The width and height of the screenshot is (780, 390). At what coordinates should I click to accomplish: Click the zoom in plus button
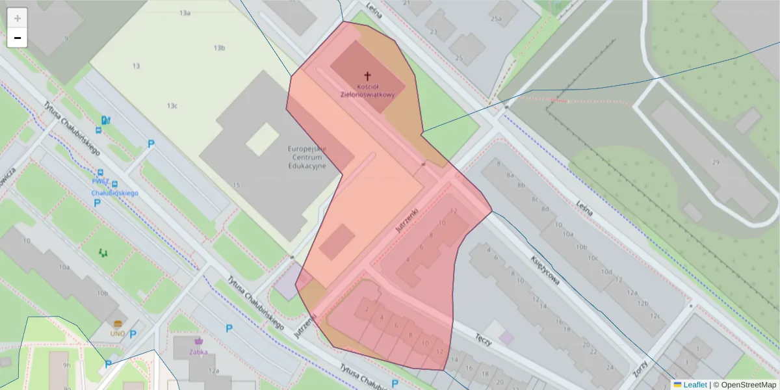click(18, 18)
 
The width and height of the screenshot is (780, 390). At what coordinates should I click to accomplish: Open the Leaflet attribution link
click(694, 384)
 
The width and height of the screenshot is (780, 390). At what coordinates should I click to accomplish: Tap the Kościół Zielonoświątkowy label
click(367, 90)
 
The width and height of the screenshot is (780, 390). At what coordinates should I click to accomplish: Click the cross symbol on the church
click(367, 75)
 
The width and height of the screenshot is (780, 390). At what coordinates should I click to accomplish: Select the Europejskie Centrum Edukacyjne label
click(307, 157)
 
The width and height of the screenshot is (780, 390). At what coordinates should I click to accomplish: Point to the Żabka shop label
click(198, 352)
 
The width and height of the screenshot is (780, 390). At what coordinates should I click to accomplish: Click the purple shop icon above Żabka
click(198, 341)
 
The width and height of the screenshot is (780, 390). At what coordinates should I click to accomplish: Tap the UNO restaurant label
click(118, 333)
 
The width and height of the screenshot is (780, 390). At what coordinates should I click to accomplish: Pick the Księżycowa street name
click(545, 268)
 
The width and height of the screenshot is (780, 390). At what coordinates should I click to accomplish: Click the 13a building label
click(185, 13)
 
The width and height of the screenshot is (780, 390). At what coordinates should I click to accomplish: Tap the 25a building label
click(497, 19)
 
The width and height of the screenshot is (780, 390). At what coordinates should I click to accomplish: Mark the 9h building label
click(67, 365)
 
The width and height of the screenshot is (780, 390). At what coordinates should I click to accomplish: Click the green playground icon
click(104, 252)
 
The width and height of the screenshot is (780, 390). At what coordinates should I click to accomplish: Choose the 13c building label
click(172, 105)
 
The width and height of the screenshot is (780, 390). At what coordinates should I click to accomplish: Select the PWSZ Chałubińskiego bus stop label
click(116, 189)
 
